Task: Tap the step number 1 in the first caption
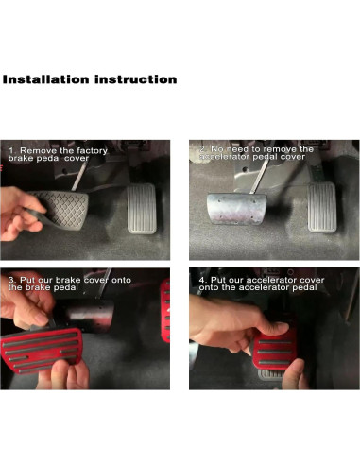[12, 150]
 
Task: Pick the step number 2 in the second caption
[202, 149]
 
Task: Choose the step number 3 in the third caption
[12, 281]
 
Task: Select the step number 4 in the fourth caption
[202, 281]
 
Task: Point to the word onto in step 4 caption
[209, 289]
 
